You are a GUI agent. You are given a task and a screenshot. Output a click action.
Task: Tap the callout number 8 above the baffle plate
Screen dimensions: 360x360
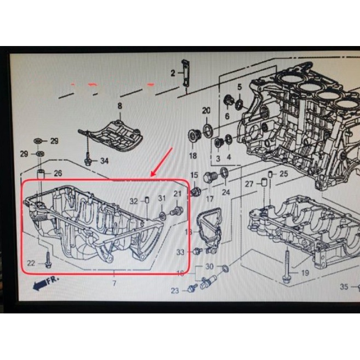(x=119, y=105)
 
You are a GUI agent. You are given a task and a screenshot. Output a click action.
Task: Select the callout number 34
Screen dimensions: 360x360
(x=104, y=161)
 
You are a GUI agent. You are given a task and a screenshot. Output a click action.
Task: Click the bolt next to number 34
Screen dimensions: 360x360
(x=88, y=159)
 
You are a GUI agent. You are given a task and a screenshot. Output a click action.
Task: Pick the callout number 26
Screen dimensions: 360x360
(x=58, y=174)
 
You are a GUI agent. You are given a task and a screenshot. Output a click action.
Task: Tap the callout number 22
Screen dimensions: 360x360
(x=31, y=264)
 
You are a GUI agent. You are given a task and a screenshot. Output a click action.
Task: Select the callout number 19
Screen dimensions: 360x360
(x=305, y=272)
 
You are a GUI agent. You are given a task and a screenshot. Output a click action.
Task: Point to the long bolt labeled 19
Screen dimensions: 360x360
(x=287, y=266)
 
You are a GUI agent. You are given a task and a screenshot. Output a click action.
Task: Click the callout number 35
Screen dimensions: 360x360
(x=344, y=286)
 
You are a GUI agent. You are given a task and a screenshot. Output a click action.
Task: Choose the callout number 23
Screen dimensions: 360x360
(x=175, y=290)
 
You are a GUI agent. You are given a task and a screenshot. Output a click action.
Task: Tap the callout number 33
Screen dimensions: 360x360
(x=181, y=253)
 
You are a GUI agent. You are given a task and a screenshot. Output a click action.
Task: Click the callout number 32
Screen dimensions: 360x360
(x=134, y=201)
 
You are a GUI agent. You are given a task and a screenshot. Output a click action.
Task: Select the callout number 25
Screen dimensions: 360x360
(x=283, y=174)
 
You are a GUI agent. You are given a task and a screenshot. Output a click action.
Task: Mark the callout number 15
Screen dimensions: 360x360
(x=194, y=175)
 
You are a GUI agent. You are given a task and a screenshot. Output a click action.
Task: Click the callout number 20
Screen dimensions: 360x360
(x=206, y=111)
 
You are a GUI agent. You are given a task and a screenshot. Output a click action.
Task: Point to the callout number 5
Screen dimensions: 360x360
(x=239, y=87)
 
